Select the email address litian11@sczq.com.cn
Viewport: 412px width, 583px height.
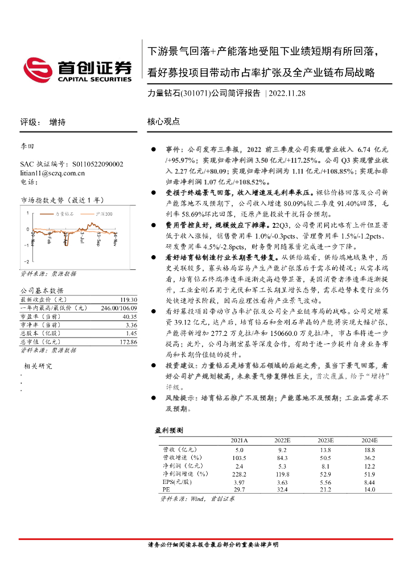pyautogui.click(x=52, y=173)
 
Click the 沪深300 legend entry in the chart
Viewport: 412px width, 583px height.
pyautogui.click(x=104, y=214)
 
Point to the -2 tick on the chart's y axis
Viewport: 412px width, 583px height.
pyautogui.click(x=26, y=261)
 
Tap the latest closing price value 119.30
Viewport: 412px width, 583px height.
pyautogui.click(x=128, y=299)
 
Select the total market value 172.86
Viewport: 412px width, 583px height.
pyautogui.click(x=127, y=342)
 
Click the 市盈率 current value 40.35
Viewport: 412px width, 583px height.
pyautogui.click(x=129, y=317)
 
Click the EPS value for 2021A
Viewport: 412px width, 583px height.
pyautogui.click(x=239, y=481)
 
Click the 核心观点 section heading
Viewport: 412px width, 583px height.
pyautogui.click(x=163, y=122)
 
